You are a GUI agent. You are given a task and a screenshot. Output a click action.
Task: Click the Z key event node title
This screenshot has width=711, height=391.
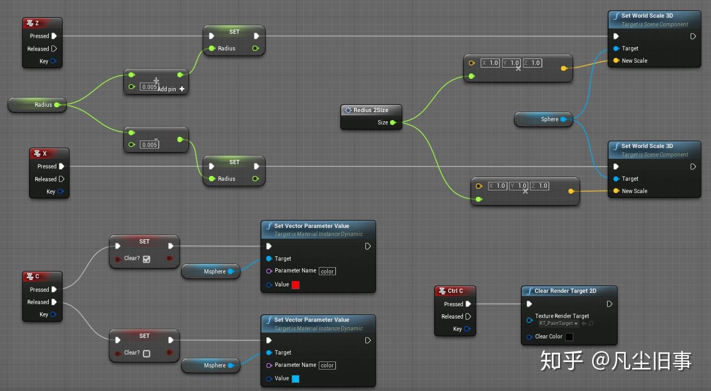pyautogui.click(x=41, y=23)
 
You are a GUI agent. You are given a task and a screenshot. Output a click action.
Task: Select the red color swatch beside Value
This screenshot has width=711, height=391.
pyautogui.click(x=295, y=285)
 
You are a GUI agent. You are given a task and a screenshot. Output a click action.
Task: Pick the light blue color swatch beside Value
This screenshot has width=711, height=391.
pyautogui.click(x=295, y=379)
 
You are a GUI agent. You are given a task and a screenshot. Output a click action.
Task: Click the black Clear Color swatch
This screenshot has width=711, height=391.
pyautogui.click(x=569, y=337)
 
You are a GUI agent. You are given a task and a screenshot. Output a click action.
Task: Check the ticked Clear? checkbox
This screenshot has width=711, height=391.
pyautogui.click(x=146, y=259)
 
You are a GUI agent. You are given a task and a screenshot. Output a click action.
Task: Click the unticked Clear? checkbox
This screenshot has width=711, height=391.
pyautogui.click(x=146, y=353)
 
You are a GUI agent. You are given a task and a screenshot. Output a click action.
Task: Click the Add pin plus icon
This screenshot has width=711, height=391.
pyautogui.click(x=182, y=89)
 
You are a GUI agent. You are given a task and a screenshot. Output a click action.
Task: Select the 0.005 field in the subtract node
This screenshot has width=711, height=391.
pyautogui.click(x=149, y=145)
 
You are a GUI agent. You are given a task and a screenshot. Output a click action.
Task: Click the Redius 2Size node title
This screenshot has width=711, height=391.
pyautogui.click(x=370, y=110)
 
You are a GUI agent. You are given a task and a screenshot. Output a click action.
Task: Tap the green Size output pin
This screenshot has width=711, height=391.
pyautogui.click(x=393, y=123)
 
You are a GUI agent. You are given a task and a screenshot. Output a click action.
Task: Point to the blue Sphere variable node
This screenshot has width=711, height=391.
pyautogui.click(x=543, y=119)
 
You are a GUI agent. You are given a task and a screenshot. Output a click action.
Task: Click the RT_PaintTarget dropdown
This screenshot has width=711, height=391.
pyautogui.click(x=559, y=323)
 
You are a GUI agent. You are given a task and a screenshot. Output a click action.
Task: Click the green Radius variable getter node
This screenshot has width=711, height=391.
pyautogui.click(x=37, y=105)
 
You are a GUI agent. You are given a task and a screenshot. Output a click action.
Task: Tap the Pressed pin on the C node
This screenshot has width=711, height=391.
pyautogui.click(x=54, y=290)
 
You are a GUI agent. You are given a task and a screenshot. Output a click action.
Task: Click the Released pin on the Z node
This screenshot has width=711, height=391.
pyautogui.click(x=54, y=49)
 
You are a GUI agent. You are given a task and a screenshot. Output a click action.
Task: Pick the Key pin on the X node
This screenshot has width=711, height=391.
pyautogui.click(x=60, y=191)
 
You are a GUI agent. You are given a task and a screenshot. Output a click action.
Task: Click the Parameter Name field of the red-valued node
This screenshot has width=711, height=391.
pyautogui.click(x=327, y=271)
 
